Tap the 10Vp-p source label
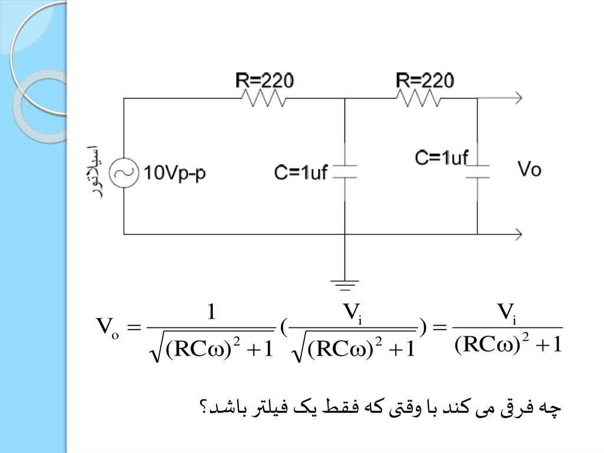click(175, 173)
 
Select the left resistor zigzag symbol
click(262, 99)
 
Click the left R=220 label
click(265, 81)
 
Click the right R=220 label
click(425, 80)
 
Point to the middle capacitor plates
click(344, 172)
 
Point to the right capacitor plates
click(477, 170)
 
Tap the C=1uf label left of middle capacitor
click(301, 173)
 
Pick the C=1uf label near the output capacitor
click(441, 157)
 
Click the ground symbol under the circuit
click(345, 285)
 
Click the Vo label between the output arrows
click(529, 170)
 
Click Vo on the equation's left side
click(107, 326)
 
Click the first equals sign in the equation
click(135, 326)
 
